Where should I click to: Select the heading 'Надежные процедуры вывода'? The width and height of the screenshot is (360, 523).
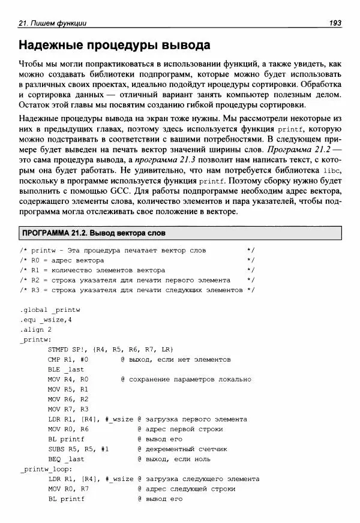click(114, 45)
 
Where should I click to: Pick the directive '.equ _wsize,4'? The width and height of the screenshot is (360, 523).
click(45, 320)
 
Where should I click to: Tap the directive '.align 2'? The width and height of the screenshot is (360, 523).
click(35, 329)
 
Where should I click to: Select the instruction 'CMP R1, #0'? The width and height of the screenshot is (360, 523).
click(68, 359)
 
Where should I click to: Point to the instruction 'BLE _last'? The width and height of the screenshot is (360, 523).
click(66, 369)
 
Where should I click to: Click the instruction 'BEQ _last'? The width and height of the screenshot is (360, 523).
click(66, 459)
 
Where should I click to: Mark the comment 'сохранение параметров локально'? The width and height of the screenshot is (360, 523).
click(190, 379)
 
